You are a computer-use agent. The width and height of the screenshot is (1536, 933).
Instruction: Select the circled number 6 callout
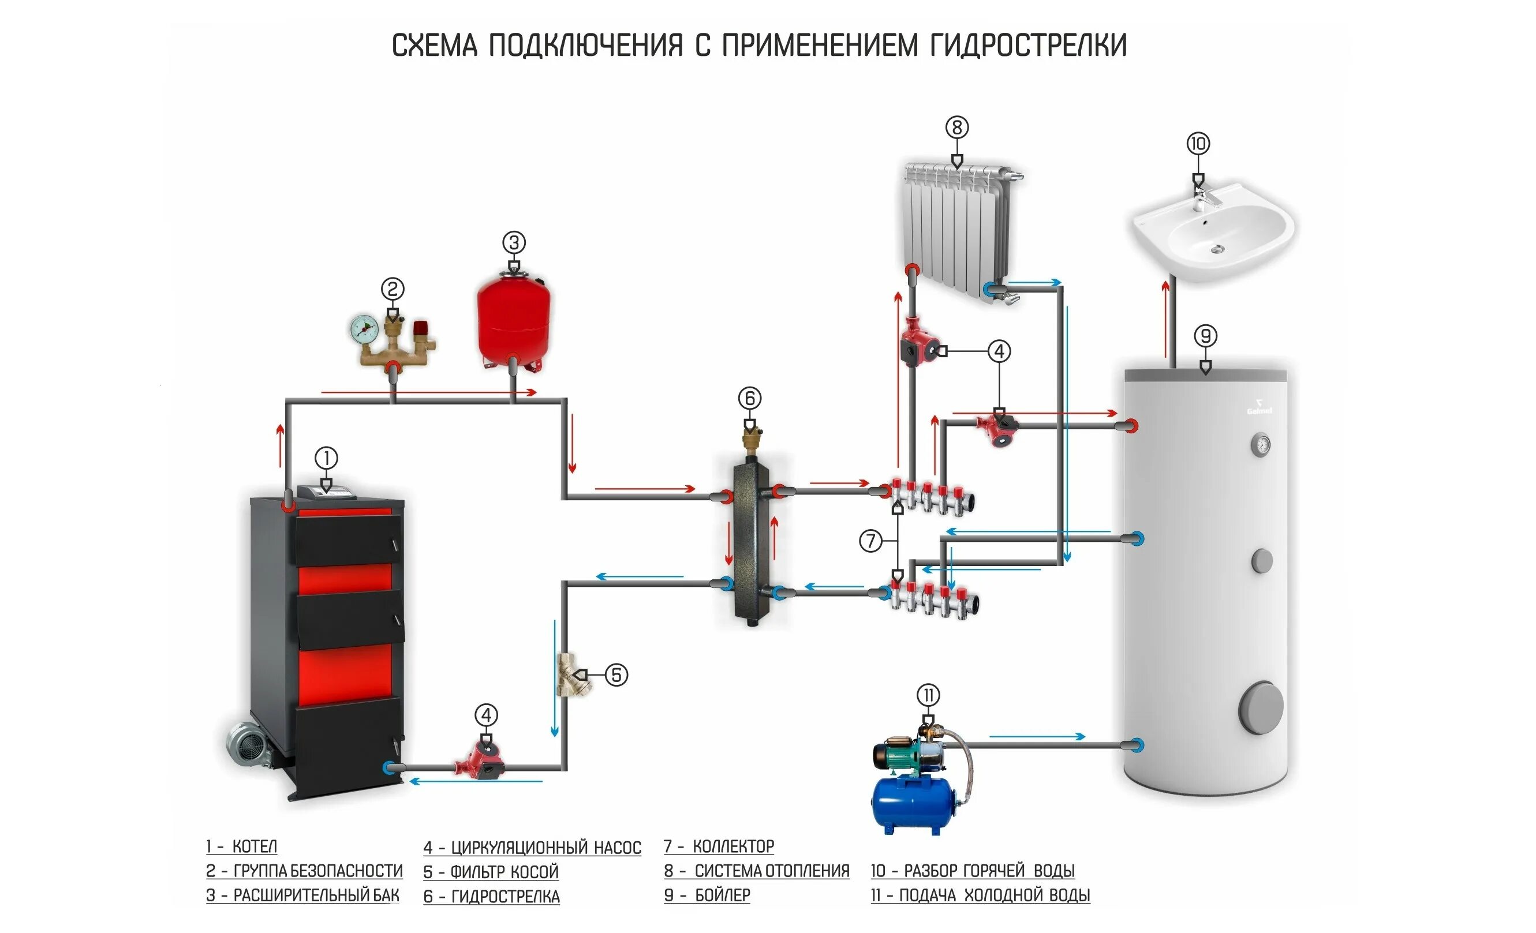click(750, 398)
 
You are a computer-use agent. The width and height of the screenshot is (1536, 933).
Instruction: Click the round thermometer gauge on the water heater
click(1260, 444)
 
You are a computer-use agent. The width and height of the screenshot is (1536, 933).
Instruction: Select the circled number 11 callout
click(928, 695)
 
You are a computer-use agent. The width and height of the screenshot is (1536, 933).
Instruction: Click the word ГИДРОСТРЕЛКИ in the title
click(1028, 46)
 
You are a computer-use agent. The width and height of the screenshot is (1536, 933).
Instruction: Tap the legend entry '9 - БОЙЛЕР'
click(707, 895)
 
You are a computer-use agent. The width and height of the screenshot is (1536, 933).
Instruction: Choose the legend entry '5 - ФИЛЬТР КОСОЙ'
click(491, 872)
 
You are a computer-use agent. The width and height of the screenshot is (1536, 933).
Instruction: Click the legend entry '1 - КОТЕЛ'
click(242, 847)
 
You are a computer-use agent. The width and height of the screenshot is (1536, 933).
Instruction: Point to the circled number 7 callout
click(871, 540)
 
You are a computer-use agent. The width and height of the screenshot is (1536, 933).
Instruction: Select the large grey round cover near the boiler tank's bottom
click(1260, 709)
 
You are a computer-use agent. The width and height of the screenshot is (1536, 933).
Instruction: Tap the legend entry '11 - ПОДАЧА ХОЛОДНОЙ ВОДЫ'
click(980, 895)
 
